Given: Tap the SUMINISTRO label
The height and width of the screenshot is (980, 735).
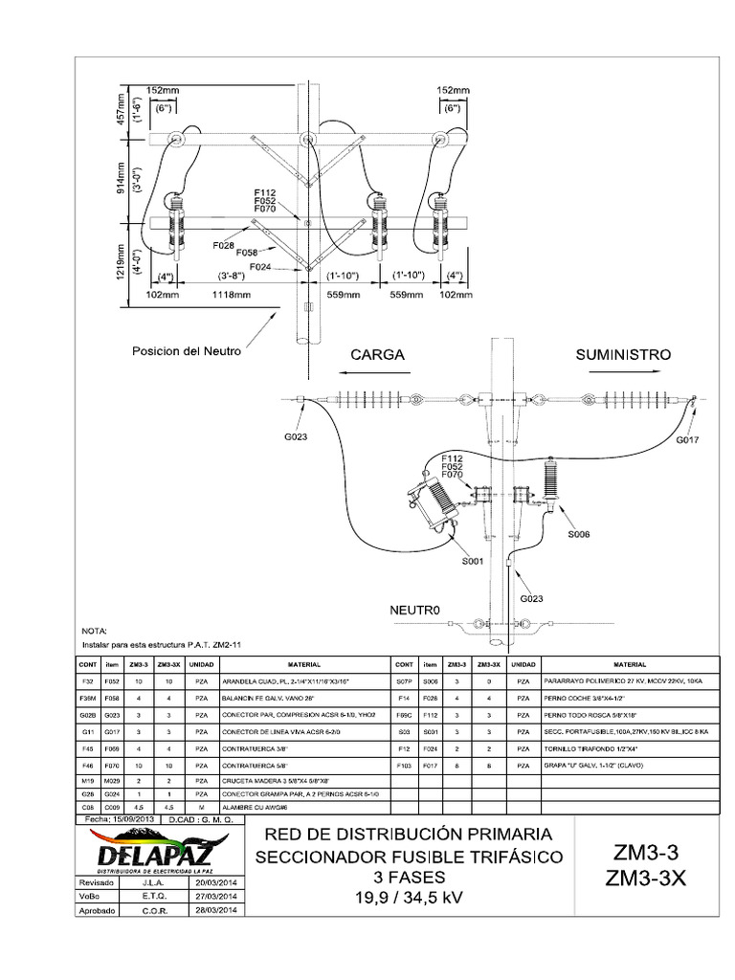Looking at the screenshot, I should pyautogui.click(x=623, y=354).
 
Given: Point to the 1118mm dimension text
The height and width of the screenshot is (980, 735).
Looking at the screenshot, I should pyautogui.click(x=229, y=296).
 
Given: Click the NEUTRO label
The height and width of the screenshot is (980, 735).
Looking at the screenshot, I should pyautogui.click(x=413, y=609).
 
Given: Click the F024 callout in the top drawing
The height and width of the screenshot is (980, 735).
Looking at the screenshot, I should pyautogui.click(x=260, y=267).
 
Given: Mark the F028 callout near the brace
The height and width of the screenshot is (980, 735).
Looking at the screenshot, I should pyautogui.click(x=223, y=245).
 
